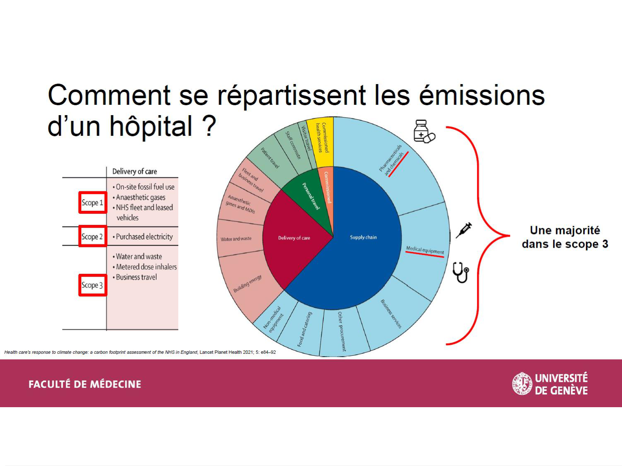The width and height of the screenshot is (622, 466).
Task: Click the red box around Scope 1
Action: (93, 203)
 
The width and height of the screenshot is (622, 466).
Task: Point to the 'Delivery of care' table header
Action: (134, 171)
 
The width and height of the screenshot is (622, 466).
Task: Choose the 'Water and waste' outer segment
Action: (236, 239)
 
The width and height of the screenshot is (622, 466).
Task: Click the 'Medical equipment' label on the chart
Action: (425, 250)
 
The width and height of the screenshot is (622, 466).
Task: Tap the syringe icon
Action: (464, 230)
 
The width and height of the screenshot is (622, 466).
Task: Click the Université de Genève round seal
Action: (522, 384)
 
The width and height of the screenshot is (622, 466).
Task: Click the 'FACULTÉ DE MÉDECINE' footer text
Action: (85, 384)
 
